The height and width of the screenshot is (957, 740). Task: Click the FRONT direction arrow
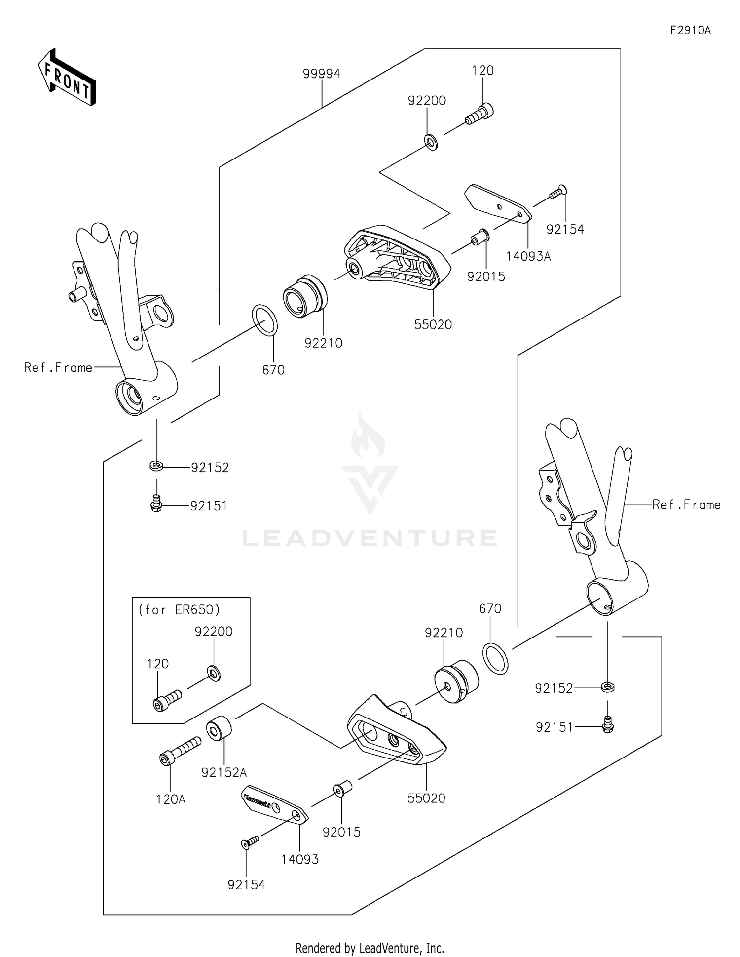click(x=67, y=78)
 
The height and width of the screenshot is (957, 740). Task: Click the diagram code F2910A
click(x=690, y=30)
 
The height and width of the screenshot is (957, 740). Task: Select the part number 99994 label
click(x=321, y=74)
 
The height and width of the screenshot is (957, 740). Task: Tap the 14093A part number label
click(x=528, y=256)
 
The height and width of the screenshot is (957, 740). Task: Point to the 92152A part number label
click(x=224, y=772)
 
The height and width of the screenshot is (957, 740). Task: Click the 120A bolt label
click(x=171, y=799)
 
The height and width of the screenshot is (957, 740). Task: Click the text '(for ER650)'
click(x=179, y=609)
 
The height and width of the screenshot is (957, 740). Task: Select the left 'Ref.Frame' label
click(x=58, y=367)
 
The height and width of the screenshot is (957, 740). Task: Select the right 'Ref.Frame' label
click(x=686, y=504)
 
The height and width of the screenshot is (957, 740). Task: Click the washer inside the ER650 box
click(x=214, y=673)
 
